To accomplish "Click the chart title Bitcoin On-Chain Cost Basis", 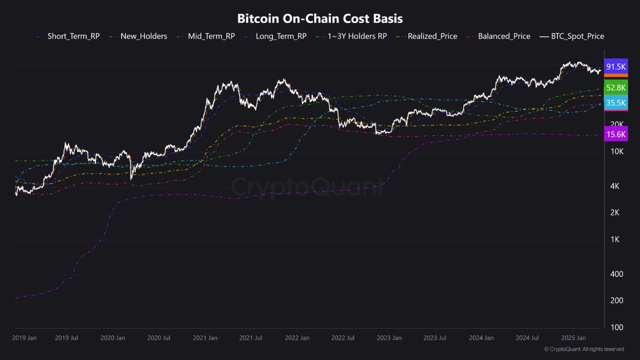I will click(x=319, y=18).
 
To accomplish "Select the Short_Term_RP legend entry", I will click(x=73, y=36).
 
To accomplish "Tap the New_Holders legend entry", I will click(x=143, y=36).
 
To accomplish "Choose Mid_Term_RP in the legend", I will click(x=211, y=36).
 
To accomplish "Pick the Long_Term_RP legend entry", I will click(x=280, y=36).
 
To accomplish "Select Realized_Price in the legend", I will click(x=432, y=36).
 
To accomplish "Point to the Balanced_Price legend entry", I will click(x=503, y=36).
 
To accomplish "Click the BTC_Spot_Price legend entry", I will click(x=577, y=36).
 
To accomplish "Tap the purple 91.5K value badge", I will click(x=615, y=66).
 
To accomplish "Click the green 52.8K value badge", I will click(x=615, y=87).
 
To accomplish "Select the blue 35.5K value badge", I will click(x=615, y=103).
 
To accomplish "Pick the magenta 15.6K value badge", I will click(x=615, y=134).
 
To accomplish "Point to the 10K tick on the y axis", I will click(x=617, y=151).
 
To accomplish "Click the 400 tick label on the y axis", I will click(x=617, y=274).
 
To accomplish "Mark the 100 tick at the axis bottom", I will click(x=617, y=327).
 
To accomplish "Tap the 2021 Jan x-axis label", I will click(x=205, y=338).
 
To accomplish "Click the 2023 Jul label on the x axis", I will click(x=434, y=338).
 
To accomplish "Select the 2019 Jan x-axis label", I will click(x=24, y=338).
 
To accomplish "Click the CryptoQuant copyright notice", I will click(x=583, y=349).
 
